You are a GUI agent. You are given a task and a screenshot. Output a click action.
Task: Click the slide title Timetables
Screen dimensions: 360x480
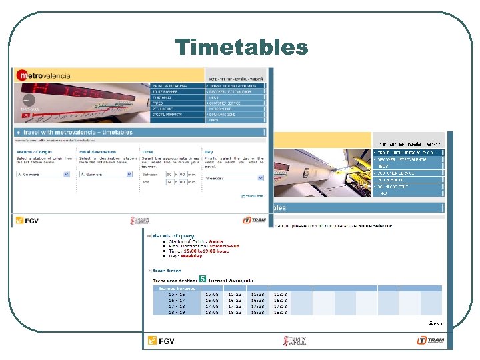pyautogui.click(x=241, y=47)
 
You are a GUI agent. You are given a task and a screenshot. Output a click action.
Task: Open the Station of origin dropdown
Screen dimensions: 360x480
pyautogui.click(x=42, y=174)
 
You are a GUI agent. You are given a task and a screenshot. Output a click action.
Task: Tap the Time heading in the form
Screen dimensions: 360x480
pyautogui.click(x=147, y=152)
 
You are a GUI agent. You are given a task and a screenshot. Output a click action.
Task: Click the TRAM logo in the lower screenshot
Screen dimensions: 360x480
pyautogui.click(x=430, y=341)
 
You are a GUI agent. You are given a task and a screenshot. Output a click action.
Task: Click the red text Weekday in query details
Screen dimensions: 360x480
pyautogui.click(x=193, y=256)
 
